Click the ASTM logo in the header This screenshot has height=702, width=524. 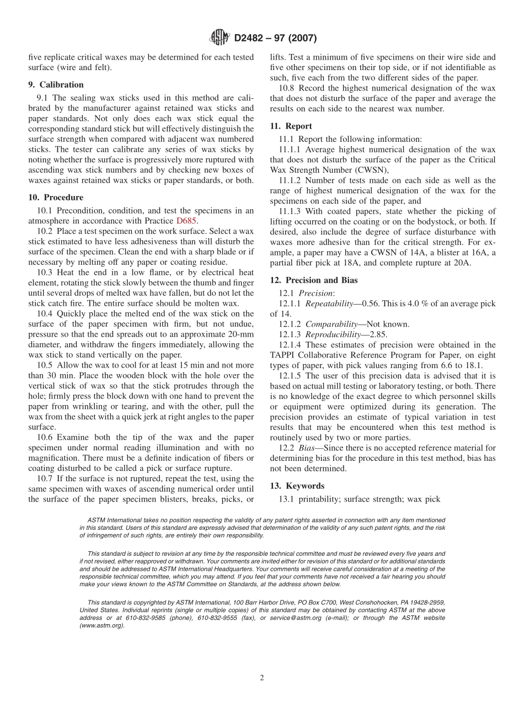[219, 38]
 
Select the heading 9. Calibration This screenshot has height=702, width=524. [56, 85]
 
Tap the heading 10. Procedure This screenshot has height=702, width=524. [56, 198]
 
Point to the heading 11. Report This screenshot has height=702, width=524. [291, 126]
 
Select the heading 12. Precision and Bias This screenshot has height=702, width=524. [314, 280]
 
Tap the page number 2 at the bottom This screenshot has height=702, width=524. [262, 678]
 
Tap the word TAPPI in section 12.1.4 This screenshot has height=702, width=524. [283, 355]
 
